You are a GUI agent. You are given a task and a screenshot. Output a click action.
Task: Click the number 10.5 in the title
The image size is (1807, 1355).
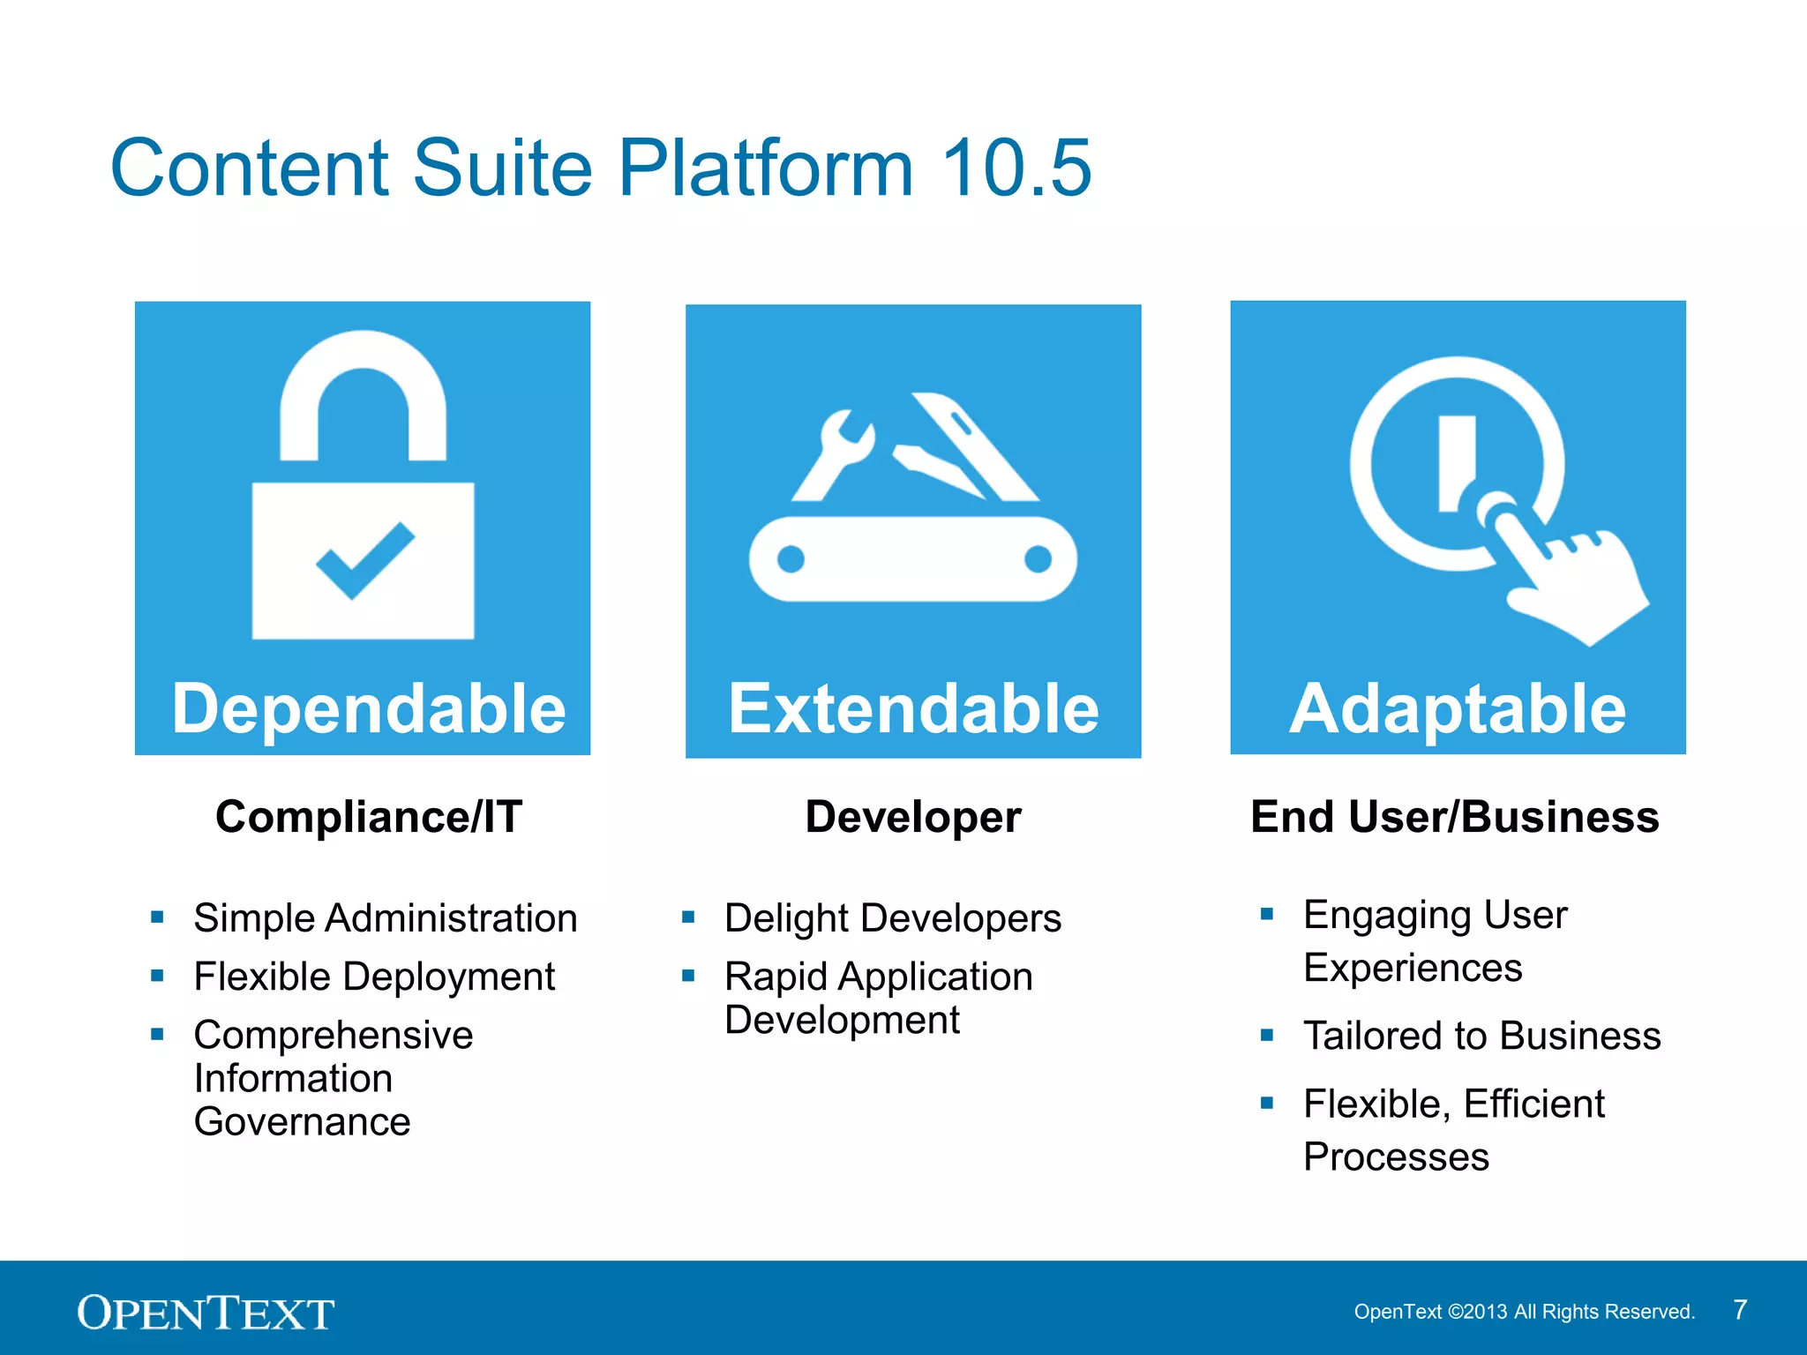tap(1016, 168)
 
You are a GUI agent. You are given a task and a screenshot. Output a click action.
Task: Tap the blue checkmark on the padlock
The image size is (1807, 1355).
tap(364, 560)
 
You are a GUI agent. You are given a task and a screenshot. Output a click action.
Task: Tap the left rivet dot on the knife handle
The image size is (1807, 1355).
tap(791, 559)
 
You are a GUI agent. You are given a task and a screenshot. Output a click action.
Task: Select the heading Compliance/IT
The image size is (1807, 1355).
tap(369, 817)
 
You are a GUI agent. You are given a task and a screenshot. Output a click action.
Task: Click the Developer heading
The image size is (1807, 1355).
tap(913, 817)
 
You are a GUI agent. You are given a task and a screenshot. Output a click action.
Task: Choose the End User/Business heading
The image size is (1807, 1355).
tap(1455, 817)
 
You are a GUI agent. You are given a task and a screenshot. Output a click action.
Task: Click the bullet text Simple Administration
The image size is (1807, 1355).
tap(386, 918)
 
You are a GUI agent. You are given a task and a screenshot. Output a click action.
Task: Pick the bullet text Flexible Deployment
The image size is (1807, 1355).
tap(374, 977)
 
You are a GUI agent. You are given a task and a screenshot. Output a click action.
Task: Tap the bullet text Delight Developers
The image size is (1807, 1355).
tap(893, 918)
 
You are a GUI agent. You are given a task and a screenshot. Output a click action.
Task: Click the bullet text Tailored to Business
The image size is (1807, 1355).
tap(1482, 1036)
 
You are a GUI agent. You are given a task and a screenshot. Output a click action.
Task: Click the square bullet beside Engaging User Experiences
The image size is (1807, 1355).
tap(1267, 914)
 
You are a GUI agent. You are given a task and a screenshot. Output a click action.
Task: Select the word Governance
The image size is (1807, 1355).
tap(302, 1122)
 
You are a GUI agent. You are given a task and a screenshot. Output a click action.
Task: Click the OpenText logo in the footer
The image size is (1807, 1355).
tap(206, 1313)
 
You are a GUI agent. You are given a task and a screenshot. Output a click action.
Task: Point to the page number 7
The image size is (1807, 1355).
tap(1740, 1310)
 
